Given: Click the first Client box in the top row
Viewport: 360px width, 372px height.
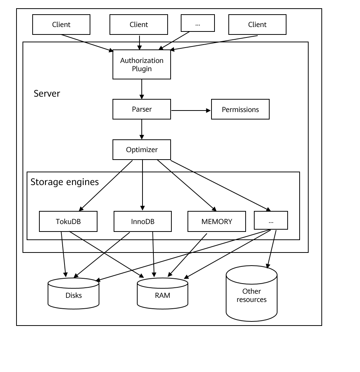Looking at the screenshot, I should pyautogui.click(x=61, y=25).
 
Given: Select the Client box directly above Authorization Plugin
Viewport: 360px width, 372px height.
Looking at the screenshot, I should pyautogui.click(x=139, y=25).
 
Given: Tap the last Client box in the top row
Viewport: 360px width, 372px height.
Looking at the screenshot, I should pyautogui.click(x=257, y=25).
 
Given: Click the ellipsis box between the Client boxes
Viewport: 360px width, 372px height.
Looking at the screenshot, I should pyautogui.click(x=198, y=23).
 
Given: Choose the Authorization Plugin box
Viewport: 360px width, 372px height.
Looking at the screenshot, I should pyautogui.click(x=142, y=64).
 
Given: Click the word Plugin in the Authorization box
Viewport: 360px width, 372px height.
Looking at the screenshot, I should pyautogui.click(x=142, y=69).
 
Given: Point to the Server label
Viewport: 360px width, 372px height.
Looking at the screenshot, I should pyautogui.click(x=47, y=94).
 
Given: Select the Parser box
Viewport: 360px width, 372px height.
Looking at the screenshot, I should pyautogui.click(x=142, y=109).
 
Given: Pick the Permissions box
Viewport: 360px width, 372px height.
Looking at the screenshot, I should pyautogui.click(x=240, y=109).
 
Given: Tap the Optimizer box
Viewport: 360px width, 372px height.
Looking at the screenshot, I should pyautogui.click(x=142, y=150).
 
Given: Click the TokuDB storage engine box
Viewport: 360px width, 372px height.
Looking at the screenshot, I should pyautogui.click(x=68, y=221).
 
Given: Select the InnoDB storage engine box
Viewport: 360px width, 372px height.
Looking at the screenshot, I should pyautogui.click(x=142, y=221).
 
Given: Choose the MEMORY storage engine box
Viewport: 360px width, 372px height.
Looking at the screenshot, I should pyautogui.click(x=217, y=221).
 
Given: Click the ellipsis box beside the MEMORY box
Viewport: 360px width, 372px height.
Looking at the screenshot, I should pyautogui.click(x=271, y=220).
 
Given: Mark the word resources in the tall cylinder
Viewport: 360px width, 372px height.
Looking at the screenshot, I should pyautogui.click(x=252, y=300).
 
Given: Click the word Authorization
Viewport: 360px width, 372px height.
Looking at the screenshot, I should pyautogui.click(x=142, y=60).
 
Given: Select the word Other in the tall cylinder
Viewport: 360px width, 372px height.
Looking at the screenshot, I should pyautogui.click(x=252, y=291).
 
